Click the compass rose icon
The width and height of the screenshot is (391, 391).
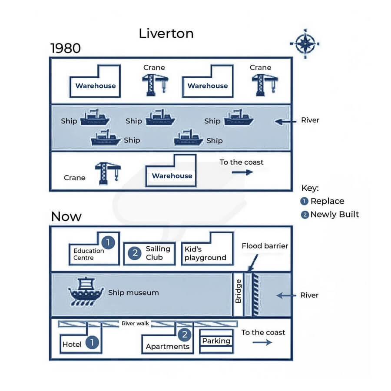point(305,43)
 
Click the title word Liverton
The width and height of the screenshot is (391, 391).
point(166,33)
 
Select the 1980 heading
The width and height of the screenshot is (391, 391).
point(66,48)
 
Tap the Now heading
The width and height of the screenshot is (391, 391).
point(66,216)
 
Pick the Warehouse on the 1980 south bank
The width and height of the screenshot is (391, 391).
point(172,176)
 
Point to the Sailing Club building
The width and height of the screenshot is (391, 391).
point(150,253)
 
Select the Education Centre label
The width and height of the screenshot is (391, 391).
point(89,254)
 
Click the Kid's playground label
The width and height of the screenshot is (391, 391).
point(205,253)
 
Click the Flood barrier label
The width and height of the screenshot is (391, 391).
point(265,246)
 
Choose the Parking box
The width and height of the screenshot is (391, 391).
point(216,341)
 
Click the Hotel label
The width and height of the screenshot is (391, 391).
point(72,345)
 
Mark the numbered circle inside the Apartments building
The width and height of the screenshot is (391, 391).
point(185,335)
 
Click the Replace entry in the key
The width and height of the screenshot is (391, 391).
point(327,201)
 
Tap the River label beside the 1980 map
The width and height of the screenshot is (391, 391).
point(310,120)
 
